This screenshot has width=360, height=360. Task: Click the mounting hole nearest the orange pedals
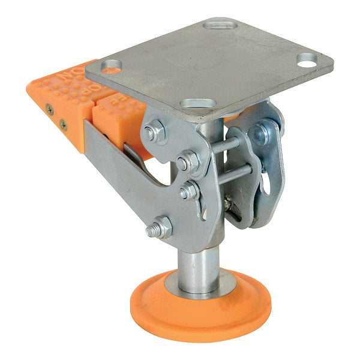(112, 65)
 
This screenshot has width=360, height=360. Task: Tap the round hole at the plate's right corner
(307, 59)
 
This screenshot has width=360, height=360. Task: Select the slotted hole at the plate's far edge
(220, 25)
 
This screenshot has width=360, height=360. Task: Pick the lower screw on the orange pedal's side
(63, 125)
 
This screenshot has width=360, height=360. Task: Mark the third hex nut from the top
(188, 191)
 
